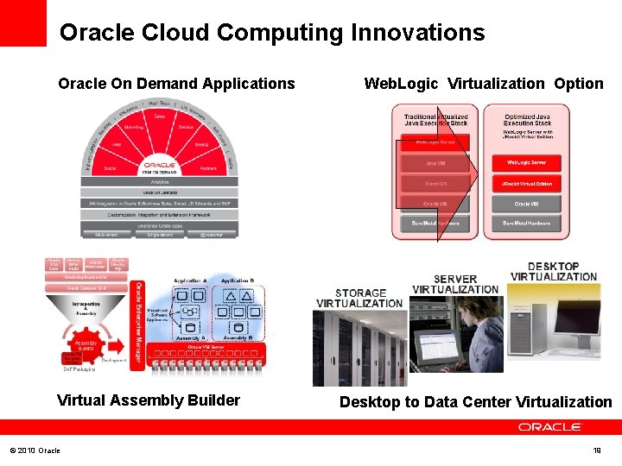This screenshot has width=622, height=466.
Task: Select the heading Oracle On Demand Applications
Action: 176,84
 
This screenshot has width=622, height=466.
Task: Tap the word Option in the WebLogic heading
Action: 579,84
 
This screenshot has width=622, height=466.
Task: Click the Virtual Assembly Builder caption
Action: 148,400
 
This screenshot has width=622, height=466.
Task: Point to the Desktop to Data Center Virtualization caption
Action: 475,402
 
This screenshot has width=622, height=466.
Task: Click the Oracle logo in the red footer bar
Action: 550,426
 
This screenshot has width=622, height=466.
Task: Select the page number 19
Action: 597,450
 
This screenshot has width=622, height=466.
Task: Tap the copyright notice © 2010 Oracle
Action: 35,450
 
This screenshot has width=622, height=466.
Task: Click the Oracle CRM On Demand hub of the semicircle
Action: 160,167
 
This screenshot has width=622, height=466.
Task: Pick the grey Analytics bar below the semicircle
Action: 160,182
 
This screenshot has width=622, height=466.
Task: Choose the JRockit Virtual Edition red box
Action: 527,184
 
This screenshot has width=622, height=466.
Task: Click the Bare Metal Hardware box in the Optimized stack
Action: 527,224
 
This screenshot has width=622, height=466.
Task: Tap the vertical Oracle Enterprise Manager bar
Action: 137,325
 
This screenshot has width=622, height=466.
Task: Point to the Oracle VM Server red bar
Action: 200,348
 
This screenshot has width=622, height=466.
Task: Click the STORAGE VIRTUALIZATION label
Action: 359,299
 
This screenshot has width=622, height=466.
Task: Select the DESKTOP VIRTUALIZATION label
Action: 554,272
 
